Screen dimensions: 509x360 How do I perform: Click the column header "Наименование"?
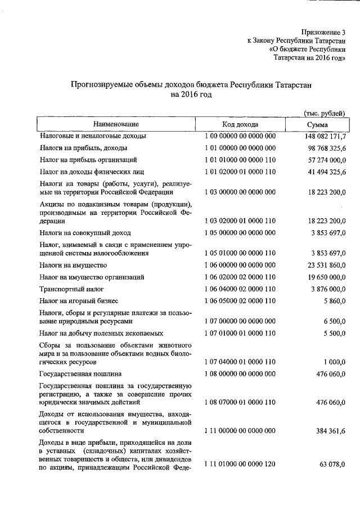[x=116, y=124]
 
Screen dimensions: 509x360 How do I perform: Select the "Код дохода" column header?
[x=240, y=124]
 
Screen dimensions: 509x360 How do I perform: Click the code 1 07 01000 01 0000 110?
[x=240, y=334]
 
